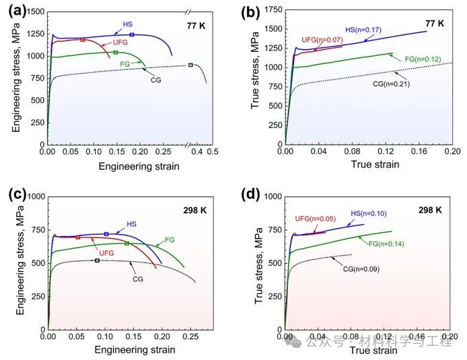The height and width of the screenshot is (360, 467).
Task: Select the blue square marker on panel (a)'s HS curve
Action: pyautogui.click(x=132, y=34)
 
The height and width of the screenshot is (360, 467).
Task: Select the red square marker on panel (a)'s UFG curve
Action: pyautogui.click(x=83, y=40)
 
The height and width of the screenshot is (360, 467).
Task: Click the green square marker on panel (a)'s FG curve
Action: pyautogui.click(x=116, y=52)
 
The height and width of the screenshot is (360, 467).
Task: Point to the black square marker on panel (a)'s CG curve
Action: pyautogui.click(x=190, y=65)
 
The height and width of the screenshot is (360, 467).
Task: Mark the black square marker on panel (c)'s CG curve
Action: pyautogui.click(x=97, y=260)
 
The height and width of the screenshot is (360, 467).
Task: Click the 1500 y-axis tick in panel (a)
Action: pyautogui.click(x=35, y=12)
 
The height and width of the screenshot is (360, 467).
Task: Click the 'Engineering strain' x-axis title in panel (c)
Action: pyautogui.click(x=134, y=350)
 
